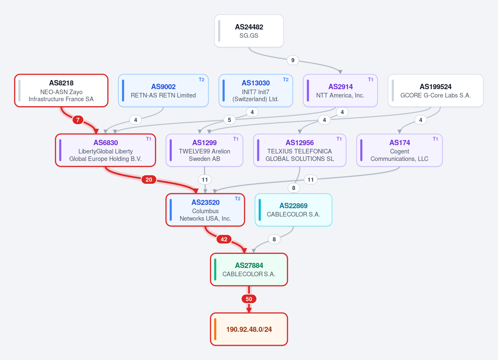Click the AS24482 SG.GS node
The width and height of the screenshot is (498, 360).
click(249, 31)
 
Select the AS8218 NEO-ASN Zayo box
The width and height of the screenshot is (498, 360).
click(61, 91)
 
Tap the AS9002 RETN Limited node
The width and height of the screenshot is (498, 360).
click(163, 91)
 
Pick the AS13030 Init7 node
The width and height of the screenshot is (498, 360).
click(256, 91)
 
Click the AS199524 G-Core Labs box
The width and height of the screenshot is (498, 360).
click(435, 91)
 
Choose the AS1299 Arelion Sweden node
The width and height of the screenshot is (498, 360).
click(204, 150)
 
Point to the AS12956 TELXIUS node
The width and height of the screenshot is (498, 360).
click(300, 150)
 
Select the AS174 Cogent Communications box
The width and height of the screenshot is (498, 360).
click(400, 150)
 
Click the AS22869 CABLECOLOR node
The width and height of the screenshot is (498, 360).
click(293, 210)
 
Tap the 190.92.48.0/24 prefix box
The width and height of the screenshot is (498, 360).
click(249, 329)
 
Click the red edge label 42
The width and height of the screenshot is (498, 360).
click(224, 239)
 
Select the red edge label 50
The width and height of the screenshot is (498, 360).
click(249, 299)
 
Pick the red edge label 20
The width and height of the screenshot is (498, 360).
click(149, 180)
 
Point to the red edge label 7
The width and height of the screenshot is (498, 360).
click(78, 120)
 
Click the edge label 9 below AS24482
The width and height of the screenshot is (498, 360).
click(293, 60)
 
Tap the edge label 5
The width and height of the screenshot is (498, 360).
click(229, 120)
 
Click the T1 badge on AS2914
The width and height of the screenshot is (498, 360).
click(371, 80)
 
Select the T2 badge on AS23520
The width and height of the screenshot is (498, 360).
click(238, 199)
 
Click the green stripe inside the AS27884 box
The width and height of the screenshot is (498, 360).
click(215, 270)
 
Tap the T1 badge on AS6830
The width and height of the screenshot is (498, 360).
click(149, 139)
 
